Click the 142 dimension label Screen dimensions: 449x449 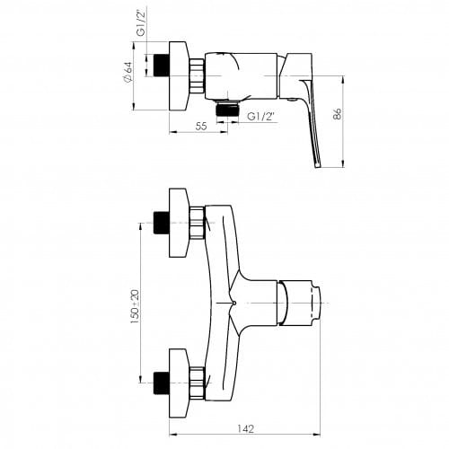pyautogui.click(x=245, y=428)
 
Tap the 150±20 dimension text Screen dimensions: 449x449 pyautogui.click(x=135, y=306)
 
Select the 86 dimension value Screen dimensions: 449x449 pyautogui.click(x=338, y=114)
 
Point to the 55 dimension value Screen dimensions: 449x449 pyautogui.click(x=201, y=127)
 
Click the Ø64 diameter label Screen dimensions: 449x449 pyautogui.click(x=128, y=72)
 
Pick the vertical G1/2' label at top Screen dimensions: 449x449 pyautogui.click(x=142, y=22)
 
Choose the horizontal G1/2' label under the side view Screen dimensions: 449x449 pyautogui.click(x=261, y=117)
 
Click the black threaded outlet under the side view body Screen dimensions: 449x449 pyautogui.click(x=227, y=109)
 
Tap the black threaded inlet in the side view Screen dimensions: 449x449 pyautogui.click(x=162, y=65)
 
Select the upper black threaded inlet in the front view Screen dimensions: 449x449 pyautogui.click(x=162, y=223)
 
